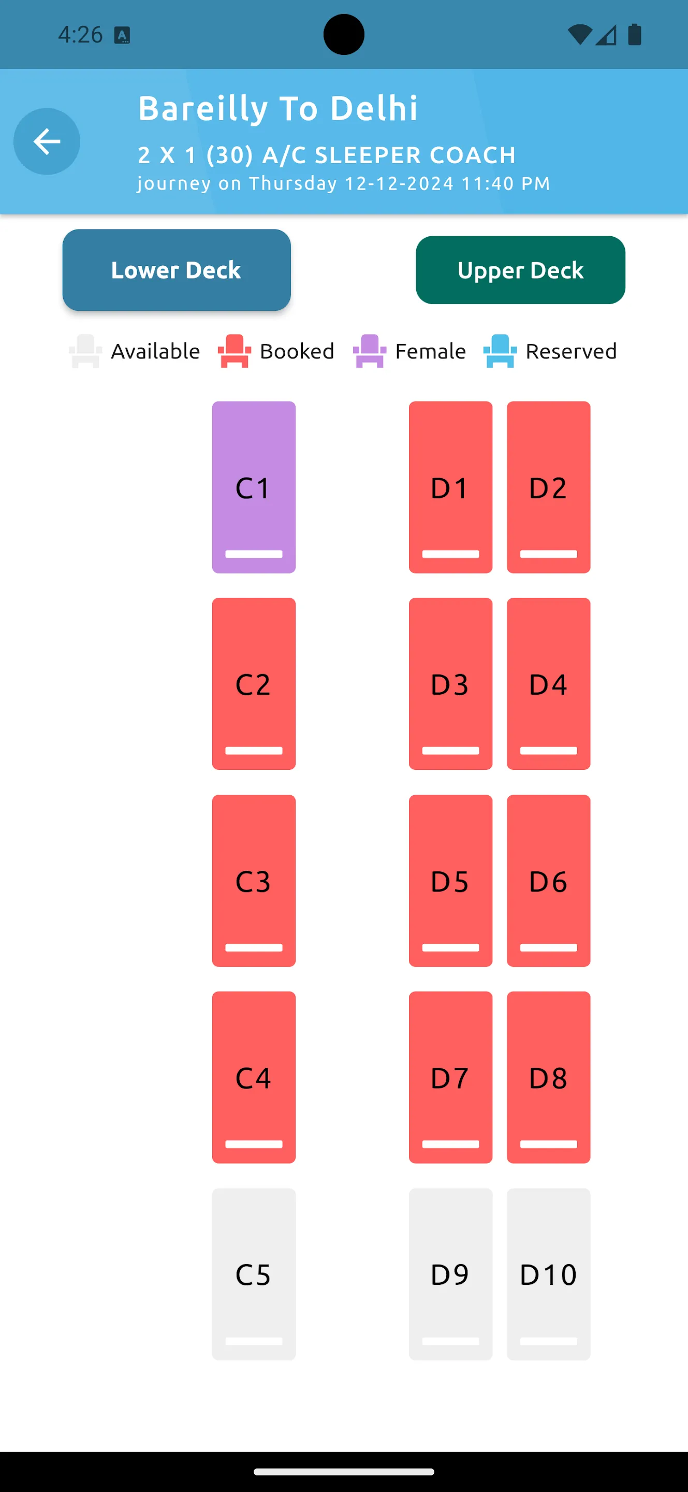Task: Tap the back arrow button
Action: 47,141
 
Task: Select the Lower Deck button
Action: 177,270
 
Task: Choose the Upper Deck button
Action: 520,270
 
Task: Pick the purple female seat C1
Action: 254,487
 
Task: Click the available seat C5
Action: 254,1274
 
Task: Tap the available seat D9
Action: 451,1274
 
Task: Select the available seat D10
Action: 549,1274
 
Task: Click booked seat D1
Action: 451,487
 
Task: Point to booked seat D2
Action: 549,487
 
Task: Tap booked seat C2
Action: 254,684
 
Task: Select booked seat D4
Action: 549,684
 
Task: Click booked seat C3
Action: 254,880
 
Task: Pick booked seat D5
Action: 451,880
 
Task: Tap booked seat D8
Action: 549,1078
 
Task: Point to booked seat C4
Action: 254,1078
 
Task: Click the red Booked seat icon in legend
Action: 235,351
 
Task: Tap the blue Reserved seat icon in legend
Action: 500,351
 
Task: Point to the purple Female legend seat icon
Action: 370,351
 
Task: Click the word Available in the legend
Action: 156,351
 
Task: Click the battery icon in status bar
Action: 635,34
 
